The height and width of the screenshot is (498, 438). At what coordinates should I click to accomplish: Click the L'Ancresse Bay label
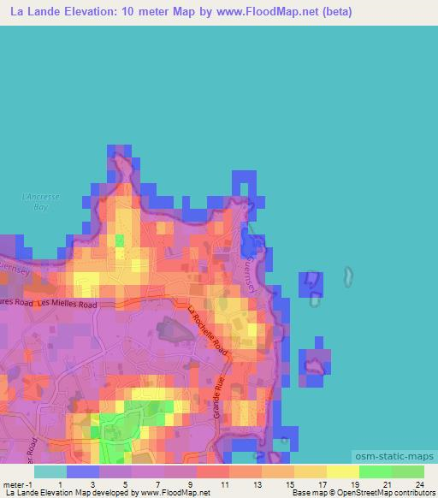point(40,201)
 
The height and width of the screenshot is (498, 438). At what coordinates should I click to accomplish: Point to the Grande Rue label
point(221,393)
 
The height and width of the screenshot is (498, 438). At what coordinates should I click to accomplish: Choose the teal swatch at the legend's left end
point(50,471)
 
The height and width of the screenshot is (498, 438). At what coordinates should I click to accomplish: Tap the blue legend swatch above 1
point(83,471)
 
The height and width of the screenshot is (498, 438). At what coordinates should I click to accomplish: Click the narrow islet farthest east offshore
point(348,276)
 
